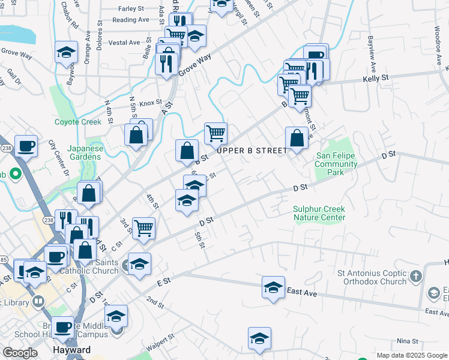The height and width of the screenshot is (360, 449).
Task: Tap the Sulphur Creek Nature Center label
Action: (319, 213)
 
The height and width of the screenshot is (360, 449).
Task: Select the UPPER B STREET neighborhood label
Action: (252, 151)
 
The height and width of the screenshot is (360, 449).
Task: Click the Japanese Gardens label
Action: (84, 152)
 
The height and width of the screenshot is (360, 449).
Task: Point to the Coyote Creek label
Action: (78, 122)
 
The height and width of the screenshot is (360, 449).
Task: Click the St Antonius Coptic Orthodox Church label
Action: (372, 277)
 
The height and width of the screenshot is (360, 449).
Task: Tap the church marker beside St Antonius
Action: (416, 277)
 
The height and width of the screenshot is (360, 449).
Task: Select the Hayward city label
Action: (71, 350)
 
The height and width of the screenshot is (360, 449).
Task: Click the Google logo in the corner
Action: (20, 353)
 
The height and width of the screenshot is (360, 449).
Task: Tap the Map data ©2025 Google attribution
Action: (411, 355)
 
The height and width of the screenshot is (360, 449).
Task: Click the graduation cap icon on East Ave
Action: (273, 286)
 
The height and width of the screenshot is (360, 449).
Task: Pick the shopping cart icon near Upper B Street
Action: (215, 133)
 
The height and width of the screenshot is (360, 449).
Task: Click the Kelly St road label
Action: (376, 79)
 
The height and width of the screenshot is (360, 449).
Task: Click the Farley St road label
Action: (132, 9)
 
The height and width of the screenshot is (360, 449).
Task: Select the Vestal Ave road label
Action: (124, 43)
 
